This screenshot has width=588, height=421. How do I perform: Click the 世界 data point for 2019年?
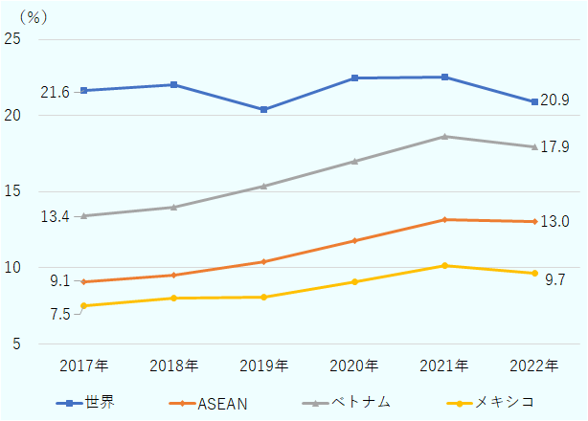263,110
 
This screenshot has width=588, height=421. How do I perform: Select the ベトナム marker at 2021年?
444,137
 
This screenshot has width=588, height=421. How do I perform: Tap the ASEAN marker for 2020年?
354,241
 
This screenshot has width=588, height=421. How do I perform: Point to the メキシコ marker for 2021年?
444,266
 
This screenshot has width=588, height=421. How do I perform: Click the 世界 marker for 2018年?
173,85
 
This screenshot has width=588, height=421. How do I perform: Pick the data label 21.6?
55,92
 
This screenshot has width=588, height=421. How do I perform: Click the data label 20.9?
555,100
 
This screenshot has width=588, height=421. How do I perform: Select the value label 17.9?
555,147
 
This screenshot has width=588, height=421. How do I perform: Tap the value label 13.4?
55,217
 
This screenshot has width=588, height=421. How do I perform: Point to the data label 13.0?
555,222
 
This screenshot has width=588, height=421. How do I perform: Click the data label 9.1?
59,281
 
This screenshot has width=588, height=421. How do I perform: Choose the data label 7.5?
59,314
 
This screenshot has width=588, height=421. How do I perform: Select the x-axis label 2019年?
263,366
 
